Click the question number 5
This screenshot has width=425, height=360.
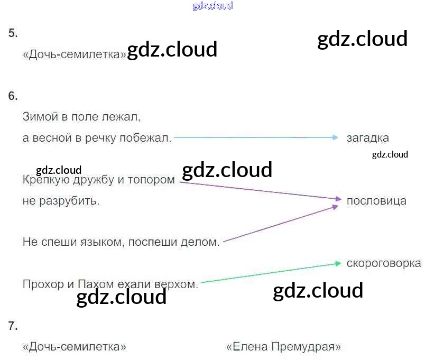(x=13, y=33)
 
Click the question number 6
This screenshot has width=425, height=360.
(x=13, y=96)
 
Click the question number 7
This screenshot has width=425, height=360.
(x=13, y=326)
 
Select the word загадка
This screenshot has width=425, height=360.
(x=368, y=138)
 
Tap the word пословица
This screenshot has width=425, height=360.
(x=376, y=201)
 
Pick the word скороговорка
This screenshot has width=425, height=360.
(x=384, y=263)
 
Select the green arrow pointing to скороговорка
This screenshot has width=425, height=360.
(x=270, y=273)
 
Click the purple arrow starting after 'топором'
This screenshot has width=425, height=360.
(x=259, y=190)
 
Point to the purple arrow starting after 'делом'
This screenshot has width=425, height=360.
(x=280, y=224)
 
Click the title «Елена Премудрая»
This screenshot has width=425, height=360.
(x=283, y=347)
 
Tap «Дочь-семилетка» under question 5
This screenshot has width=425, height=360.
(x=75, y=54)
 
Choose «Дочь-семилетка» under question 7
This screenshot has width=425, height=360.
(x=75, y=347)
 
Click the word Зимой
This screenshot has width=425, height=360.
(x=39, y=116)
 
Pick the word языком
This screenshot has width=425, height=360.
(x=86, y=242)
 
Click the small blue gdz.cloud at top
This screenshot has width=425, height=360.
(x=212, y=6)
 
